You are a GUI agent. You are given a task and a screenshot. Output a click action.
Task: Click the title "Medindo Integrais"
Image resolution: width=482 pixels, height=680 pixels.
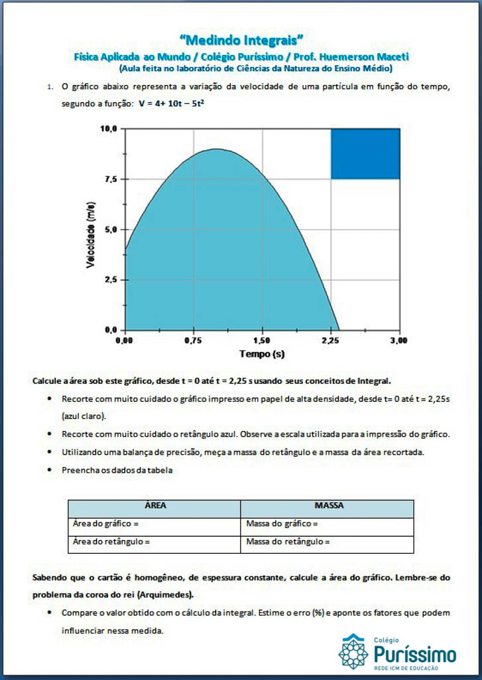point(241,42)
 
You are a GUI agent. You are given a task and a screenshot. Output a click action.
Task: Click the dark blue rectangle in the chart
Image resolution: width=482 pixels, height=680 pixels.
point(365,154)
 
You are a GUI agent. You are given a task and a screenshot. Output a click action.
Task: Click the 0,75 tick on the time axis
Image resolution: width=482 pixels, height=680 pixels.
point(194,340)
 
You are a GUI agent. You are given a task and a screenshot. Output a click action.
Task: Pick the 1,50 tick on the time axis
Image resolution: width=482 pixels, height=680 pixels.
point(262,340)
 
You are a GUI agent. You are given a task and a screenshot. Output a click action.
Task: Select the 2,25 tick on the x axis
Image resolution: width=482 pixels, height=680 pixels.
point(331,340)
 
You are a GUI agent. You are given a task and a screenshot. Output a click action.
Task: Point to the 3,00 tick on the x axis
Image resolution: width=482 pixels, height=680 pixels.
point(399,340)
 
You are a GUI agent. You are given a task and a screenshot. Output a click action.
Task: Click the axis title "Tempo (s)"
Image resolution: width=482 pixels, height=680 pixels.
point(262,354)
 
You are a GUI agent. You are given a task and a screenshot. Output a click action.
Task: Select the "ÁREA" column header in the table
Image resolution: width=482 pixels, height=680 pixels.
point(154,506)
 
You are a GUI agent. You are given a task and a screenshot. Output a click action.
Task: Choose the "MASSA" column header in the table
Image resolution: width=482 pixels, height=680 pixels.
point(328,506)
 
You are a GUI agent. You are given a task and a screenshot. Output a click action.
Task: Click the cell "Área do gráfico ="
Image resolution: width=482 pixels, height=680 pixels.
point(105,524)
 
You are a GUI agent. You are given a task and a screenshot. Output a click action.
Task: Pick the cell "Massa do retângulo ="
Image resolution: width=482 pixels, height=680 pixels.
point(288,542)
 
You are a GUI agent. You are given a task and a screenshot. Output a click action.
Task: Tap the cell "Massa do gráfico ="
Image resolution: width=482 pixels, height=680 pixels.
point(282,524)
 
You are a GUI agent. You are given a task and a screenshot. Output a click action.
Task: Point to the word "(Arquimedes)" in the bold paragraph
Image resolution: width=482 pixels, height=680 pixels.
point(162,594)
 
